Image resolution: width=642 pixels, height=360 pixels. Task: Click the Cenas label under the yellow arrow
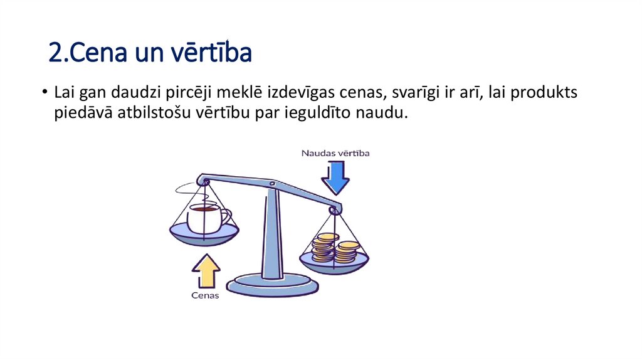click(x=205, y=295)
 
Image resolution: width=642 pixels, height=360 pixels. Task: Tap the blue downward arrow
click(x=335, y=177)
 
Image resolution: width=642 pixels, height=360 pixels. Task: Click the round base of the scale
click(x=273, y=285)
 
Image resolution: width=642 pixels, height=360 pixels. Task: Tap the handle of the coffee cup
click(x=225, y=217)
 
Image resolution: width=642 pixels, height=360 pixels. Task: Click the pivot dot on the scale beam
click(x=271, y=184)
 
